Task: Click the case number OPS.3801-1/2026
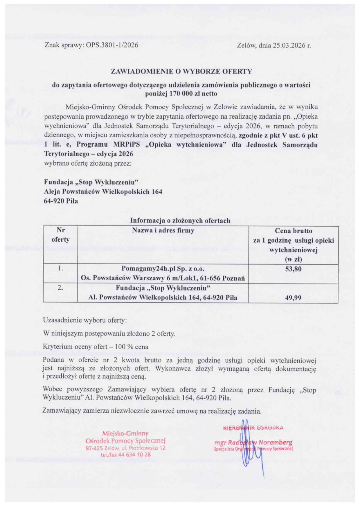pyautogui.click(x=112, y=45)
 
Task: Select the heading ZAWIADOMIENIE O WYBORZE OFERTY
pyautogui.click(x=181, y=71)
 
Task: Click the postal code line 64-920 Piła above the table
pyautogui.click(x=61, y=201)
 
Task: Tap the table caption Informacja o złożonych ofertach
pyautogui.click(x=180, y=221)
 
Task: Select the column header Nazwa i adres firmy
pyautogui.click(x=163, y=231)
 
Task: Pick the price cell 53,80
pyautogui.click(x=293, y=269)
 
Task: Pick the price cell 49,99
pyautogui.click(x=293, y=298)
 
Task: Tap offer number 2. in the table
pyautogui.click(x=60, y=288)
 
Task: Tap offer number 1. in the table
pyautogui.click(x=60, y=269)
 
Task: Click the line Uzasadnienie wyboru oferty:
pyautogui.click(x=85, y=320)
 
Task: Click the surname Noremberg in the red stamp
pyautogui.click(x=276, y=443)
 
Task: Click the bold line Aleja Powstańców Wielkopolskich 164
pyautogui.click(x=103, y=192)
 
